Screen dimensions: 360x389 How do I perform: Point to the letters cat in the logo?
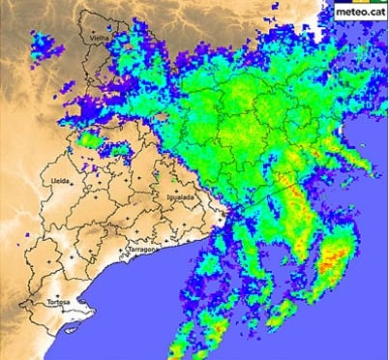pos(374,12)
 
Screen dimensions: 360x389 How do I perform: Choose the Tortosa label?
pos(58,303)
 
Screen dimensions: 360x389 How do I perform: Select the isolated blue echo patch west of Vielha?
pos(45,44)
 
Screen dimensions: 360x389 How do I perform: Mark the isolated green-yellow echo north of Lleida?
pos(90,142)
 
